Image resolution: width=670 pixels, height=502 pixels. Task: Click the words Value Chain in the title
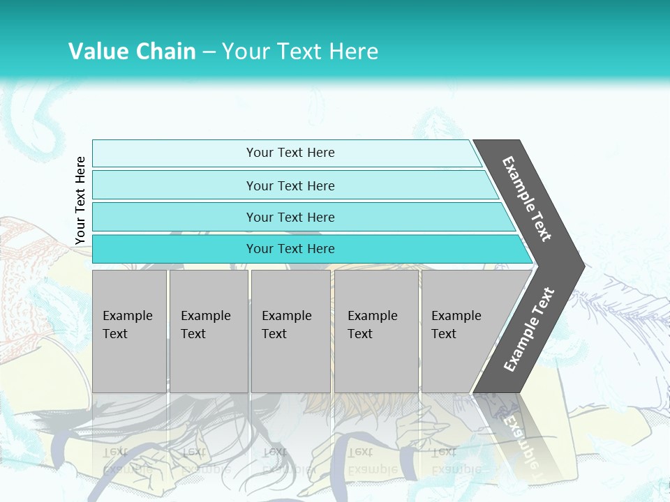tap(132, 51)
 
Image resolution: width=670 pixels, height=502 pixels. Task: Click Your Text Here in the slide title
tap(300, 51)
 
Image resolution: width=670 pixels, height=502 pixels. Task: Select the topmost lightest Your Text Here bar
tap(290, 153)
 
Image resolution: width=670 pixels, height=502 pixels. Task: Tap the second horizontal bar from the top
tap(290, 185)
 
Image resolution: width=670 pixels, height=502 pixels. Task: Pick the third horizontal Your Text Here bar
tap(290, 217)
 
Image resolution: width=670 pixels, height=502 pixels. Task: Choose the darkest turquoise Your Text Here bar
tap(290, 249)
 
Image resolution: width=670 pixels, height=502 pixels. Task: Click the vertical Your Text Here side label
tap(80, 200)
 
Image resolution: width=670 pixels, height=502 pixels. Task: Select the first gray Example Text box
tap(129, 332)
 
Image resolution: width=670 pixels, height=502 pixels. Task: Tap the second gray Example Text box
tap(208, 332)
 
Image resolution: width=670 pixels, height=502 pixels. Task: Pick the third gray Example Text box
tap(290, 332)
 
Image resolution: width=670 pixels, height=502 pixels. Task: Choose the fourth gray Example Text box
tap(375, 332)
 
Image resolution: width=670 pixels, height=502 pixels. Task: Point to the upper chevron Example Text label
tap(527, 199)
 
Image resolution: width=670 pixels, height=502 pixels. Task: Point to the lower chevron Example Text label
tap(529, 330)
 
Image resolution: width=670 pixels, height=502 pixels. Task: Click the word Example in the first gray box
tap(127, 316)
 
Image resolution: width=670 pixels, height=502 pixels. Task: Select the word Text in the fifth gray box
tap(444, 334)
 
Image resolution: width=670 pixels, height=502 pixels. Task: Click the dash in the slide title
tap(209, 52)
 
